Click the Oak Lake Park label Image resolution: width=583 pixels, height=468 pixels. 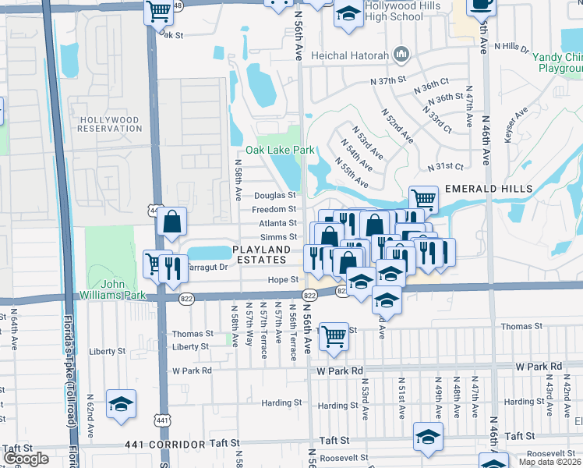click(x=268, y=150)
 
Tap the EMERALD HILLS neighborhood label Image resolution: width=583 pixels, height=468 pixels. click(x=489, y=189)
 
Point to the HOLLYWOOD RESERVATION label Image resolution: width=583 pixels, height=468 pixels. click(x=109, y=124)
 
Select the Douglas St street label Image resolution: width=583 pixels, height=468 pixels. click(x=274, y=195)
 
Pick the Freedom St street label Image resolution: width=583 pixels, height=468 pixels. click(x=274, y=209)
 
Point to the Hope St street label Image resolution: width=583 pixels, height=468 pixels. click(x=284, y=279)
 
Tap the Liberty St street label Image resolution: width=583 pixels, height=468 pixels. click(x=190, y=346)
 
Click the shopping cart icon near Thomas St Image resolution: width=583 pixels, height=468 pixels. click(x=334, y=336)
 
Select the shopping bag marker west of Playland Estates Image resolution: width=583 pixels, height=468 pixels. click(x=171, y=222)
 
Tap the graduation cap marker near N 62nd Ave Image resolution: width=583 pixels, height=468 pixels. click(x=121, y=404)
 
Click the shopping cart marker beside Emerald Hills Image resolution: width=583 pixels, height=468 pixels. click(x=423, y=199)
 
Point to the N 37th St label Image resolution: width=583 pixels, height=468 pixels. click(x=389, y=80)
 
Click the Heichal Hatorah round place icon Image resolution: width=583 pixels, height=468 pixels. click(x=402, y=54)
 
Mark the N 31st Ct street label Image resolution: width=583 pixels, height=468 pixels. click(x=445, y=167)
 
